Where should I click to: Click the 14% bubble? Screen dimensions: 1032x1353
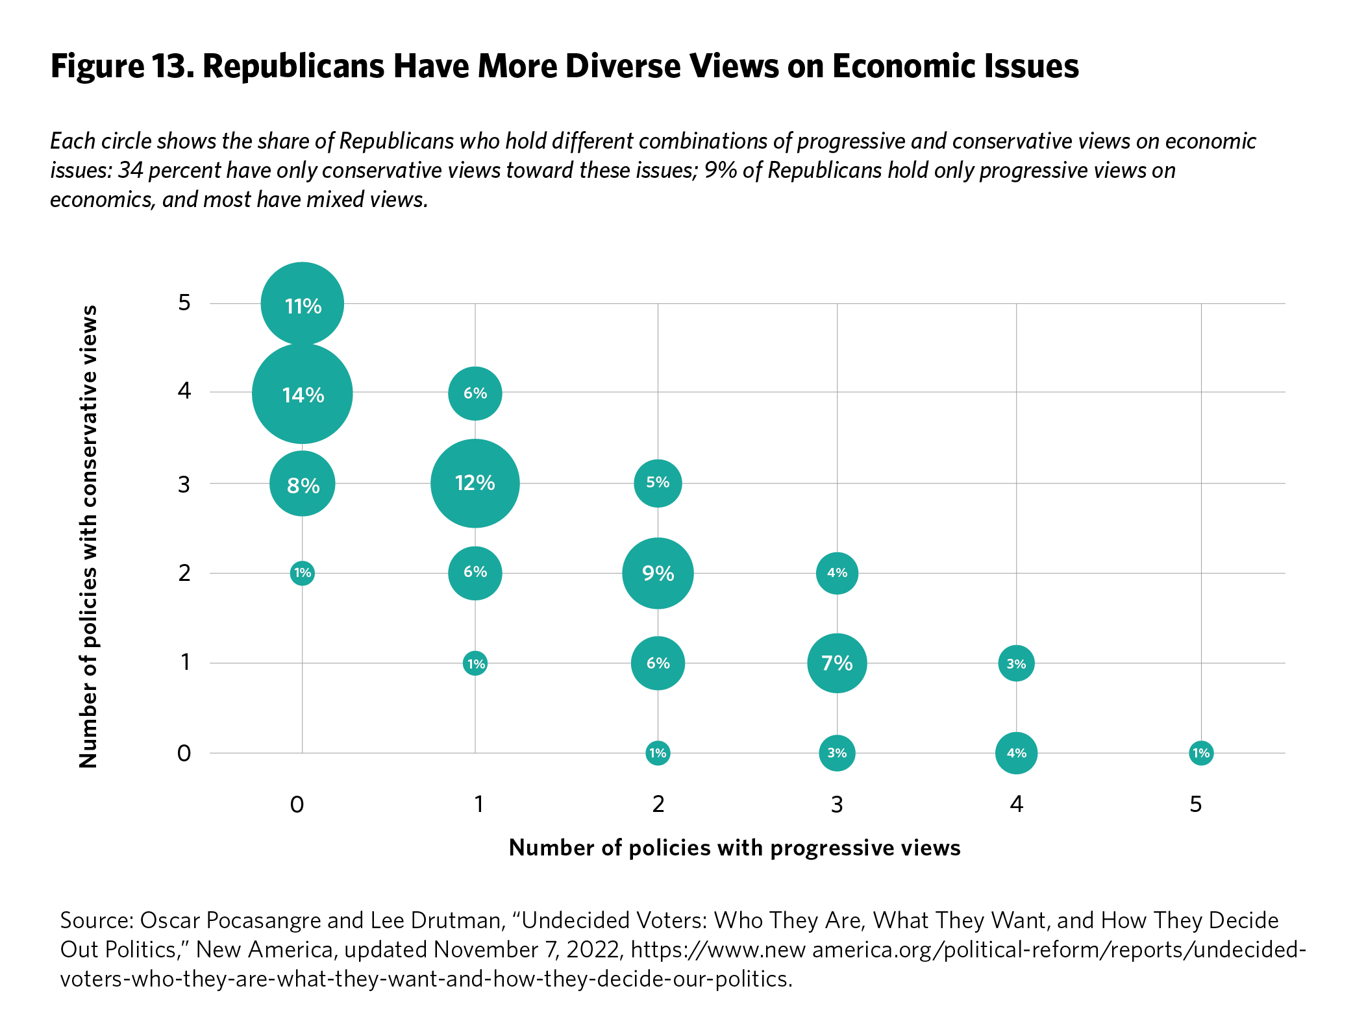tap(303, 394)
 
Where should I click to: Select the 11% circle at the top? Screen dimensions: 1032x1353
tap(303, 304)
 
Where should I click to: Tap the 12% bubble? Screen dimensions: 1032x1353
tap(475, 484)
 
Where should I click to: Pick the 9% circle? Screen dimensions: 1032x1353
tap(658, 573)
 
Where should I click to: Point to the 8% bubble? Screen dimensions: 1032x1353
tap(303, 484)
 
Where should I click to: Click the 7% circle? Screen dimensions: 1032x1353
tap(837, 663)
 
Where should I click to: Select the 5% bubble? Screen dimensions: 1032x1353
tap(658, 483)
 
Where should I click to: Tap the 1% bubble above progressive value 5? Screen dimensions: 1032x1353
tap(1201, 753)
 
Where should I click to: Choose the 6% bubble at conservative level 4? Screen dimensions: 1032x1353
tap(475, 393)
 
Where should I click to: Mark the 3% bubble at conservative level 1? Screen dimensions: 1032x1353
tap(1016, 663)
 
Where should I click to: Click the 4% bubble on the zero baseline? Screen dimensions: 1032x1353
tap(1016, 753)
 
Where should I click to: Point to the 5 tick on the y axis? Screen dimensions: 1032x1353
tap(184, 302)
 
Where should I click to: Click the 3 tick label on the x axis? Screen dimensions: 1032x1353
tap(837, 805)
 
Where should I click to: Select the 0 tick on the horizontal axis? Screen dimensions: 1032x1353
tap(297, 805)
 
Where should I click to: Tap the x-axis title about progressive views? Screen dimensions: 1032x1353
tap(734, 848)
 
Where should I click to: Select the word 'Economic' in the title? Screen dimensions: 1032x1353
tap(904, 66)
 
